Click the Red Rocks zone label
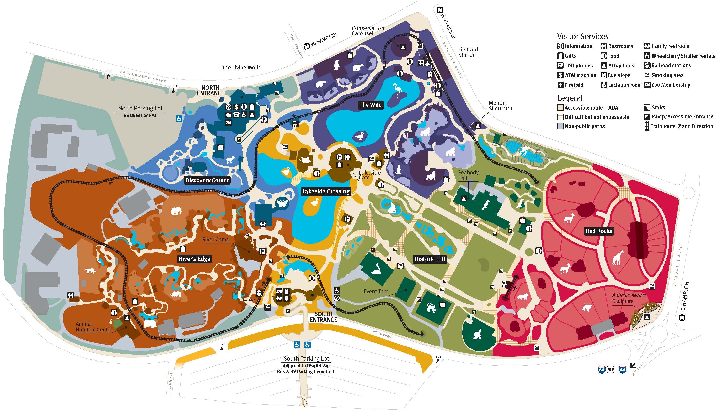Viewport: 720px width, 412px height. point(599,231)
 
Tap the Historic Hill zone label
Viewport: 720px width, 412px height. point(430,259)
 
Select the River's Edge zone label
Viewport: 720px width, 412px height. point(194,259)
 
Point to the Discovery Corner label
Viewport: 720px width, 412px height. point(207,180)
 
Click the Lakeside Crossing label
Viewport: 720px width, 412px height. point(326,191)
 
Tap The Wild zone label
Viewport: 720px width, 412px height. point(370,105)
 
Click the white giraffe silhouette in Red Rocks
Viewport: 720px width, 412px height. point(618,258)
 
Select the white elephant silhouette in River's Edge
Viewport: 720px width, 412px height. point(176,211)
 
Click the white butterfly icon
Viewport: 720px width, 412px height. point(282,204)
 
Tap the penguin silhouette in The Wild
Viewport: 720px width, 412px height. point(336,65)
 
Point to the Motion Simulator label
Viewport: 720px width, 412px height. point(500,106)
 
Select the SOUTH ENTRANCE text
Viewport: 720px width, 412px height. point(323,317)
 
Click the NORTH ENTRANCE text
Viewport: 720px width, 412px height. point(210,90)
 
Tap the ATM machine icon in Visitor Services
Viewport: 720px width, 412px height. point(560,75)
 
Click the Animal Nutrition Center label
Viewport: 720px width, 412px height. point(94,327)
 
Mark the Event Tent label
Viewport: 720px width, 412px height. point(376,291)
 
